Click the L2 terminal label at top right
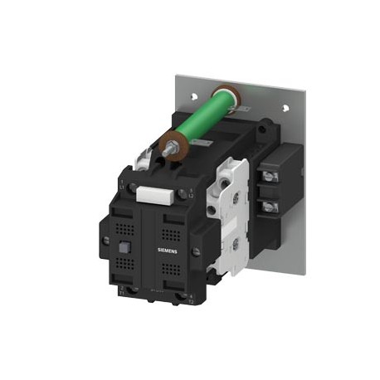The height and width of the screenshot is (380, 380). pos(192,196)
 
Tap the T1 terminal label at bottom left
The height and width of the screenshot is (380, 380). pos(122,292)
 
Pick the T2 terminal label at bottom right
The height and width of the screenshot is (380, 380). pos(191,301)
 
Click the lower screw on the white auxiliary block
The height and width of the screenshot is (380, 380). pos(234,245)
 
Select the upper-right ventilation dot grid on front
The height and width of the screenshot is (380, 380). pos(176,223)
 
